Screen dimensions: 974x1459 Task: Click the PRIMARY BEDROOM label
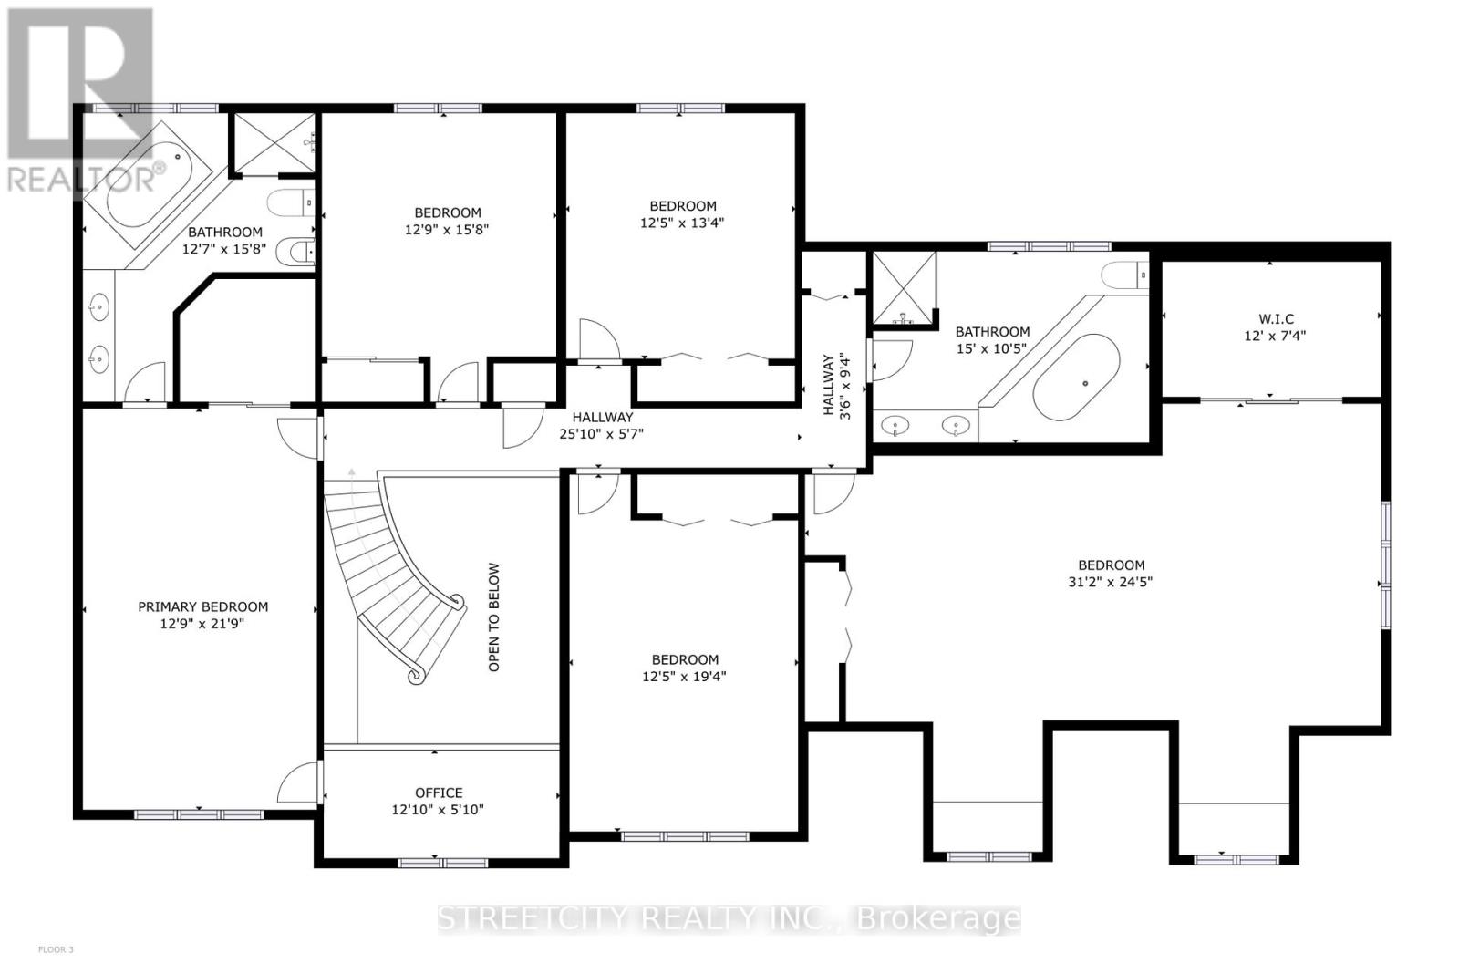pos(202,606)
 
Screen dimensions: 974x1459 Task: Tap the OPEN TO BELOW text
pos(494,617)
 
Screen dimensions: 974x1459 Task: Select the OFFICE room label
pos(439,793)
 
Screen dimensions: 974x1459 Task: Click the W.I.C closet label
pos(1275,318)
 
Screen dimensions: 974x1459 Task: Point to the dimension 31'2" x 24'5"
pos(1111,581)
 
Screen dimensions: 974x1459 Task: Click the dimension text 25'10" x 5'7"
pos(601,434)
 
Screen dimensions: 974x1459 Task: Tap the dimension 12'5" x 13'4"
pos(682,223)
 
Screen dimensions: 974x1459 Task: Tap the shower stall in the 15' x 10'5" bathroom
pos(905,287)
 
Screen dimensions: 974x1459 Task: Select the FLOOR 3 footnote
pos(56,949)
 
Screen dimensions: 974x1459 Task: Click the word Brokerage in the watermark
pos(939,918)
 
